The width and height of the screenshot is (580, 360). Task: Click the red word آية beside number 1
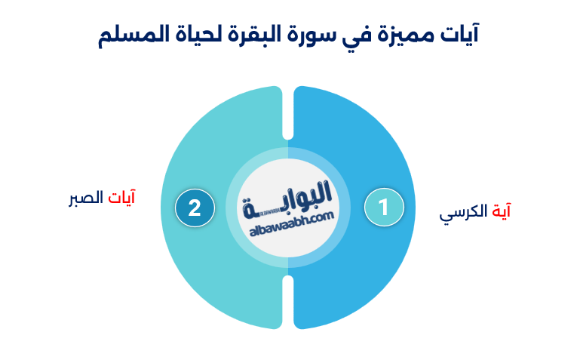point(501,211)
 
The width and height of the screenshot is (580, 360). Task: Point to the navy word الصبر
point(84,201)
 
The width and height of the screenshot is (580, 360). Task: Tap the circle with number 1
point(383,208)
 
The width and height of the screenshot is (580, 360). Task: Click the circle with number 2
point(195,208)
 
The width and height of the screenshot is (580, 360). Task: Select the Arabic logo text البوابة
point(290,198)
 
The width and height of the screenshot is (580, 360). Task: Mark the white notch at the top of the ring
point(287,113)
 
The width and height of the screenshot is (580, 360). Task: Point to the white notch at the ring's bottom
point(287,302)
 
